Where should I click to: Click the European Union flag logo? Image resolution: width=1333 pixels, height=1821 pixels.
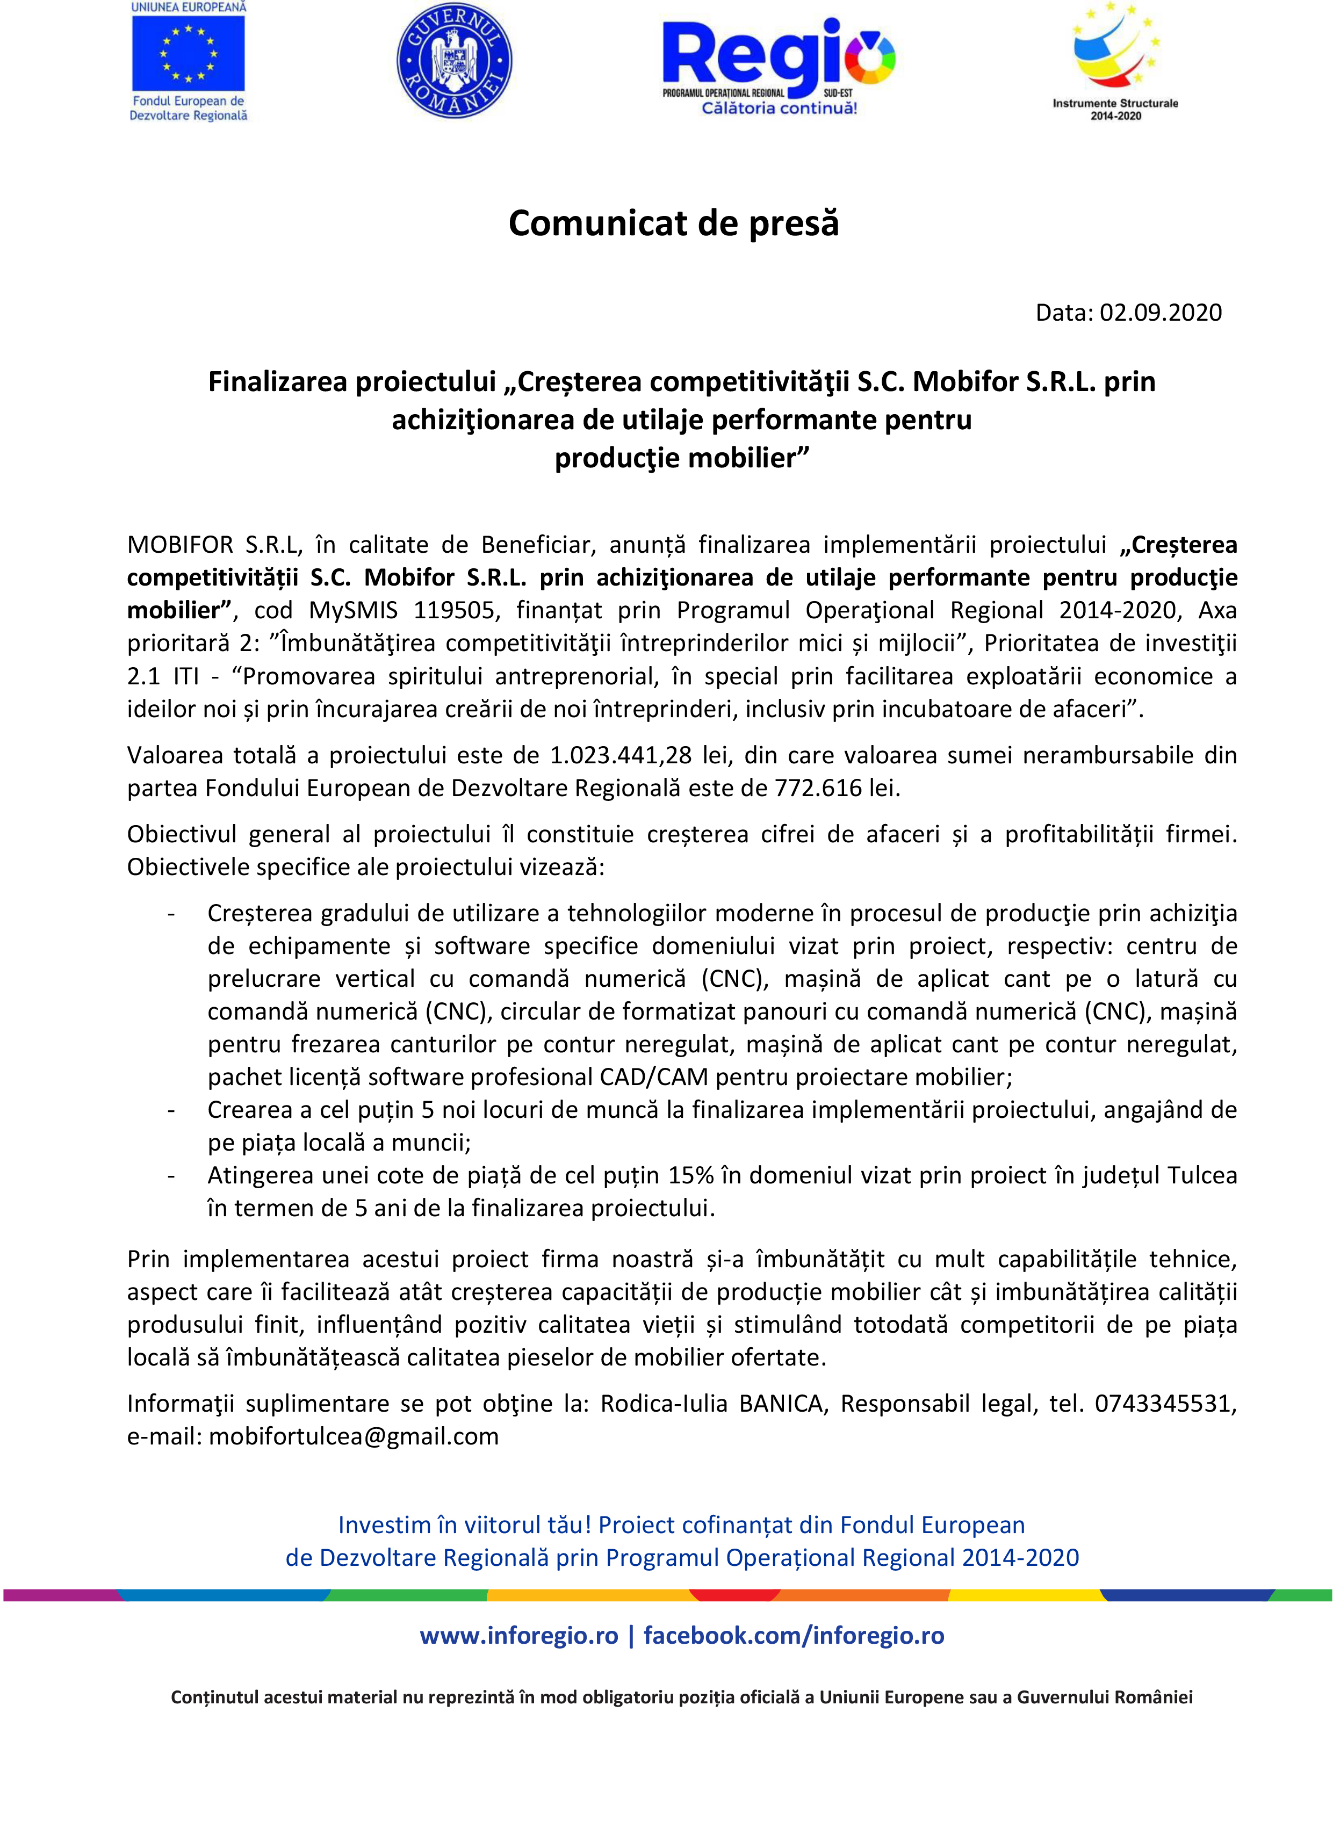(188, 54)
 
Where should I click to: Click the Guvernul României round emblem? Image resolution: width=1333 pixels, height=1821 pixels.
(455, 61)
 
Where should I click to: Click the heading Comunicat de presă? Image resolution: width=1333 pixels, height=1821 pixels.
(673, 223)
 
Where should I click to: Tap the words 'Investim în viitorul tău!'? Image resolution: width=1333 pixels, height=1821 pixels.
(465, 1525)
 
